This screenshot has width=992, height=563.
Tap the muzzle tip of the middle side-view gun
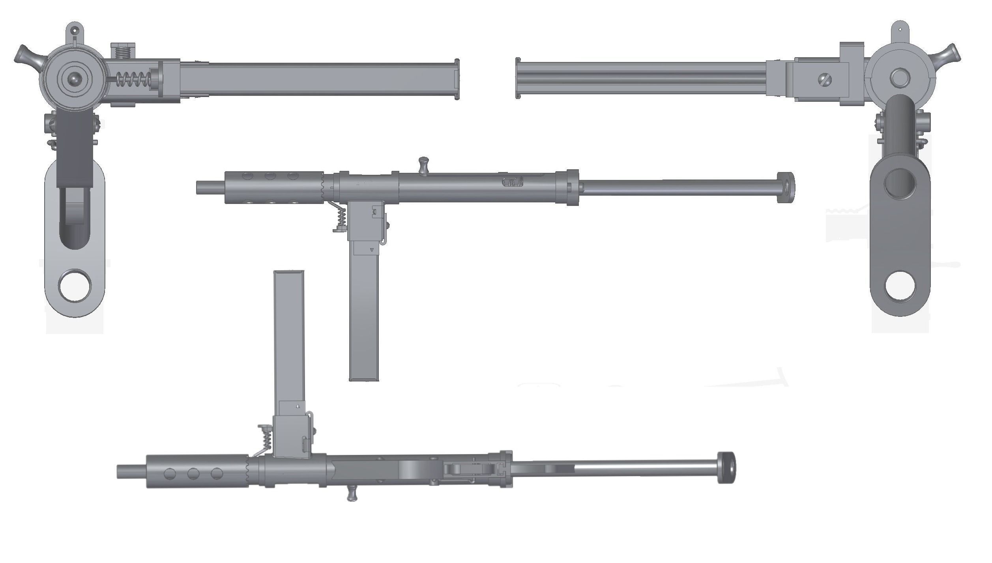pos(198,187)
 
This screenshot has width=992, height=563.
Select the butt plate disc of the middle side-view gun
pos(785,187)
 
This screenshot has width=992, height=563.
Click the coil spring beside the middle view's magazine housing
pos(342,218)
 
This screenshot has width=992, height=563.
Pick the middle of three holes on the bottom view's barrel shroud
pos(193,474)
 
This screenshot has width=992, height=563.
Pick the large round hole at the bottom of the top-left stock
pos(75,286)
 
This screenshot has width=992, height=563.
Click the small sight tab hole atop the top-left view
pos(74,30)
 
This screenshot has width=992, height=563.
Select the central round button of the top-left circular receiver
pos(74,79)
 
